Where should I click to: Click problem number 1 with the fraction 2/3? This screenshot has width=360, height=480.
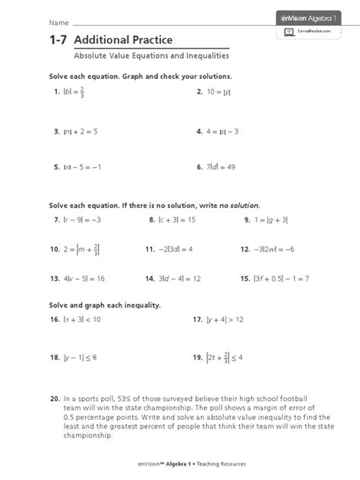click(55, 93)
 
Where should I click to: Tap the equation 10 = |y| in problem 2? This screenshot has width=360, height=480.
click(219, 92)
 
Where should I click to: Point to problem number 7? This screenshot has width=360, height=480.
click(56, 219)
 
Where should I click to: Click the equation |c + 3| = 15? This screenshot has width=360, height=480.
click(178, 219)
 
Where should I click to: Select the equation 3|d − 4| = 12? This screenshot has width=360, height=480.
click(181, 279)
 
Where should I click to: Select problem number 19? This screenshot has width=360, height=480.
click(198, 355)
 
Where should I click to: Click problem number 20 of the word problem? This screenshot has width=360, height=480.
click(55, 398)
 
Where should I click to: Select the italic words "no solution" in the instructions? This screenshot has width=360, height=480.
click(240, 206)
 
